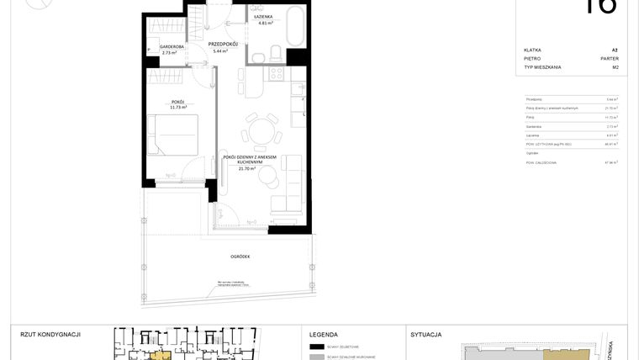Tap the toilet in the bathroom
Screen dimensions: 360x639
pos(277,55)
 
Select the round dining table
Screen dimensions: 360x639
pos(260,130)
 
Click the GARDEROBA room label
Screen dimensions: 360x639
pos(161,47)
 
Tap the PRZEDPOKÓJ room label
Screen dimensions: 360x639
pos(223,44)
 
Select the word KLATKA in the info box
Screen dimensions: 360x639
pos(532,50)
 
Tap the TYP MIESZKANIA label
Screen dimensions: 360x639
pos(541,67)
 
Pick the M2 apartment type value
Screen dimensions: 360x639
pos(615,67)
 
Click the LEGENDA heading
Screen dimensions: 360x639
pos(324,334)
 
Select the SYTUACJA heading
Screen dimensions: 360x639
pos(426,334)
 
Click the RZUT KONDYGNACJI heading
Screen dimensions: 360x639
pos(50,334)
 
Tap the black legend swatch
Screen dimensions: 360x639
pos(317,347)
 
